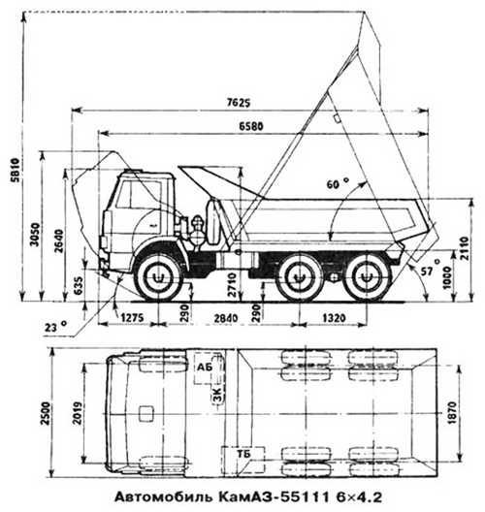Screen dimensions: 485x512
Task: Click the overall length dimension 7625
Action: click(239, 103)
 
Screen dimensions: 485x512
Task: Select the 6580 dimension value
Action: click(250, 126)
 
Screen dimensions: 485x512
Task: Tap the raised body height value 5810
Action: click(16, 170)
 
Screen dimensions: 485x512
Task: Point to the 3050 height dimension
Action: click(35, 235)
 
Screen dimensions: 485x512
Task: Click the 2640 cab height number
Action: click(59, 241)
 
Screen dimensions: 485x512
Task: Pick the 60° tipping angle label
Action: click(338, 184)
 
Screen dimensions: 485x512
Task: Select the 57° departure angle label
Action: click(431, 268)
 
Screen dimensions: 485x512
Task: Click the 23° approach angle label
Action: click(55, 326)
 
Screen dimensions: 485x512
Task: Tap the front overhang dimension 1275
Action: click(132, 318)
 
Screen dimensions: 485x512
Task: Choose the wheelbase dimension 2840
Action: click(225, 318)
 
